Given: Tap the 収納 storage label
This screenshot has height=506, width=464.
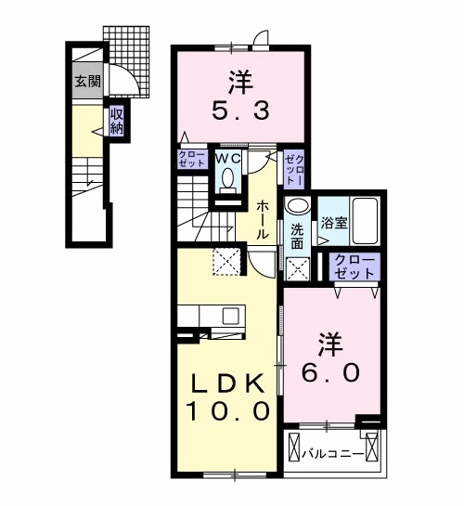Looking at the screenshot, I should point(117,121).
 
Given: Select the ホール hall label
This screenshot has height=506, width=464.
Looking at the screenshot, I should point(264,219).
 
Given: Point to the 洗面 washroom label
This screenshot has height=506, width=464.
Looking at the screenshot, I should point(296,236).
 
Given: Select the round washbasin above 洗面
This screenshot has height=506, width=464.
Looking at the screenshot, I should point(297,207).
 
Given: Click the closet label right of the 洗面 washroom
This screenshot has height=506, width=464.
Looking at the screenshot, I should point(354,266).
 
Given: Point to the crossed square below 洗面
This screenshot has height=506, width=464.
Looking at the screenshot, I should point(298,268).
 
